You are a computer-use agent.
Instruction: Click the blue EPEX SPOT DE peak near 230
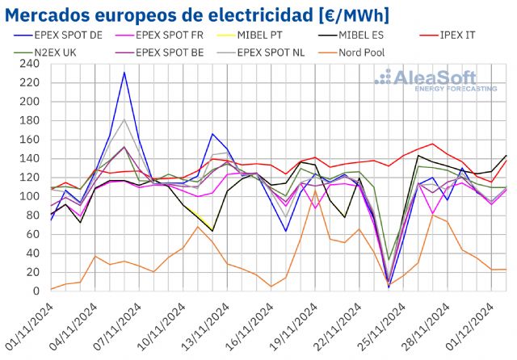[x=124, y=73]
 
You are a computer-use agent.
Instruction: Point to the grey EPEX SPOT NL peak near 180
[x=124, y=119]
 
